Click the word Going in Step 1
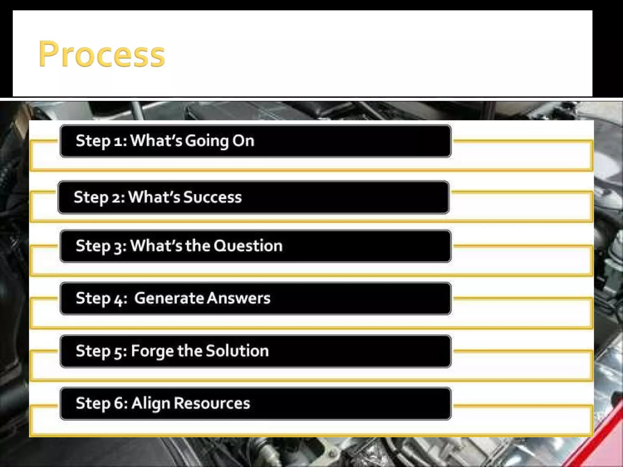pos(207,141)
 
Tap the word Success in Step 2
pos(212,197)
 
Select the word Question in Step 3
pos(248,246)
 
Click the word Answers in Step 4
pos(238,298)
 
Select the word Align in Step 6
pos(151,404)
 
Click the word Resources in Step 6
pos(212,403)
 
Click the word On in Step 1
pos(243,141)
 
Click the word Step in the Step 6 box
pos(93,404)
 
